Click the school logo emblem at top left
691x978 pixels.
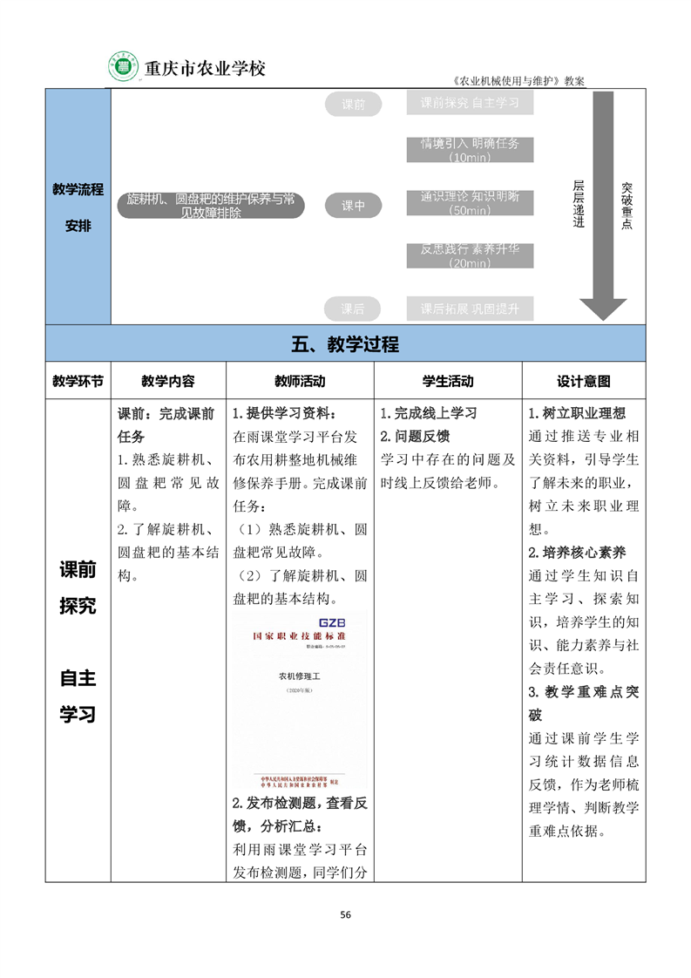[123, 66]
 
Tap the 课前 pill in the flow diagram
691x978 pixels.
[353, 105]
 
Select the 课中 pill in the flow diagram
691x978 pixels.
[353, 206]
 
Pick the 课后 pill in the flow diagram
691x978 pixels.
[353, 308]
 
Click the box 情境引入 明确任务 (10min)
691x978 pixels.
[470, 150]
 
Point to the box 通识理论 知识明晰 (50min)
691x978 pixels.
[470, 203]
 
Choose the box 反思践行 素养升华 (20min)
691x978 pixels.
[470, 255]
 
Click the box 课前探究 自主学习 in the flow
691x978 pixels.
[470, 103]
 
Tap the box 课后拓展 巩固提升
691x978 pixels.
[470, 308]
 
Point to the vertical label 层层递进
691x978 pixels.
[578, 204]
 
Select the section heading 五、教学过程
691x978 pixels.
[345, 344]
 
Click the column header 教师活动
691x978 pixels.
[300, 381]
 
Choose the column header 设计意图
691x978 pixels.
[583, 381]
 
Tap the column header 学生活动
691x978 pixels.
[448, 381]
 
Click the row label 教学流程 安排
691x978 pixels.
[78, 207]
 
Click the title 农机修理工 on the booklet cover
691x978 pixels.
[300, 675]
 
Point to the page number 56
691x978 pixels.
[345, 914]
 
